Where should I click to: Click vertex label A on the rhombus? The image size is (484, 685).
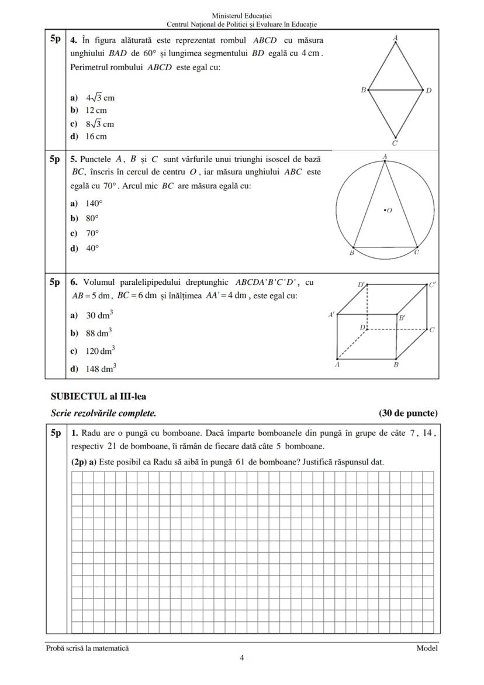(x=396, y=37)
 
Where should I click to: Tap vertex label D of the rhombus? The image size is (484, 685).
(x=428, y=91)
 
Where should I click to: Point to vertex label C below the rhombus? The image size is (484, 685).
(x=395, y=143)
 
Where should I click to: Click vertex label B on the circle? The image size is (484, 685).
(x=352, y=253)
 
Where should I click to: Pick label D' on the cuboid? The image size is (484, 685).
(x=362, y=284)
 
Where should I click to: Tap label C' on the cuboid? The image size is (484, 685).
(x=433, y=285)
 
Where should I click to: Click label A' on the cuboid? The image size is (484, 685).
(x=332, y=314)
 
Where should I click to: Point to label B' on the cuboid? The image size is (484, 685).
(x=402, y=319)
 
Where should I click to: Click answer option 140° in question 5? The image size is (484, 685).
(x=94, y=204)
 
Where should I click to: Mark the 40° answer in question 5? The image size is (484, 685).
(x=92, y=248)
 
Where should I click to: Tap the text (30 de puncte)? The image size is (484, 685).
(x=408, y=414)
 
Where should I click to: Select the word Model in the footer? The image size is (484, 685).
(x=427, y=648)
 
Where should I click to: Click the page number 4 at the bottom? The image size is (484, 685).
(x=242, y=658)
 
